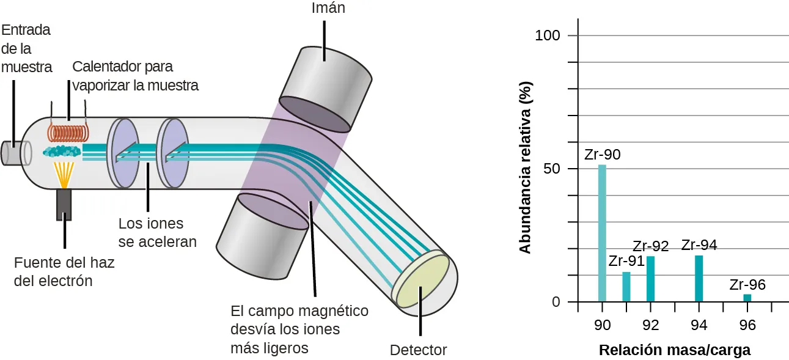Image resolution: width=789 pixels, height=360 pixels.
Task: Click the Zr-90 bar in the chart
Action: coord(602,233)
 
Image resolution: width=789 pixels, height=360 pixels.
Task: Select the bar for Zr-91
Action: coord(626,287)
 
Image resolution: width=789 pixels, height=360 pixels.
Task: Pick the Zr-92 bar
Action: coord(650,279)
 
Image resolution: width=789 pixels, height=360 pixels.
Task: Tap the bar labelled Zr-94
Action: coord(699,279)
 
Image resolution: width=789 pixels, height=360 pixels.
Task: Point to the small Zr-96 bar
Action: coord(747,298)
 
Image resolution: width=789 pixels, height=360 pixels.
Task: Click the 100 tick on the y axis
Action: coord(548,35)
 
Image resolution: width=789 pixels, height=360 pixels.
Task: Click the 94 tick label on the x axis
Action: coord(699,325)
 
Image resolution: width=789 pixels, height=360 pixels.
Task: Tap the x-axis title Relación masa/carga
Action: coord(675,350)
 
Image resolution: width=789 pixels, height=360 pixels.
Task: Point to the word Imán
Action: coord(328,9)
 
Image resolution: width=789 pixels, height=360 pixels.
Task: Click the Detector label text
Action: coord(419,350)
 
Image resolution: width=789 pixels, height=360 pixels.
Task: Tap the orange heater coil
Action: coord(68,134)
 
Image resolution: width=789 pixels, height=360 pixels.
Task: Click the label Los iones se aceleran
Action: coord(157,233)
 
